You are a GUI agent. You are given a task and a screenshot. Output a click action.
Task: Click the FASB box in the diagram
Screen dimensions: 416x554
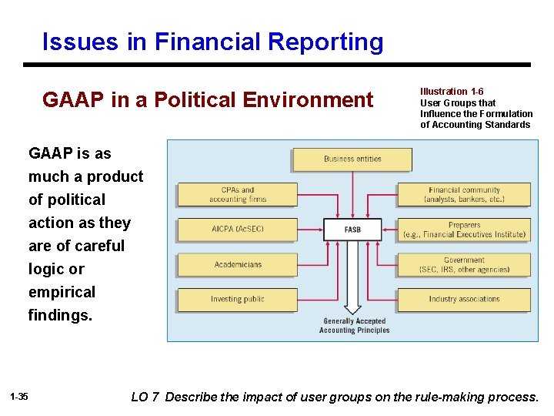pos(352,230)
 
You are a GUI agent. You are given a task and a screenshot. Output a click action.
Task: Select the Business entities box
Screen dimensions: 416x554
pos(352,159)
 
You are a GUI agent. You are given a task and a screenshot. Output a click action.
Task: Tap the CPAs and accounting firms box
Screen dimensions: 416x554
pos(237,194)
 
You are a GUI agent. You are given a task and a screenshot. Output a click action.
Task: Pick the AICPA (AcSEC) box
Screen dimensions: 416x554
pos(237,230)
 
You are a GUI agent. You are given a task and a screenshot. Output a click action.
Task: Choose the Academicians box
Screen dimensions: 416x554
pos(237,265)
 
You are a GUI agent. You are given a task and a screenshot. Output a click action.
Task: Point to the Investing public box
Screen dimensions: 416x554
pos(237,300)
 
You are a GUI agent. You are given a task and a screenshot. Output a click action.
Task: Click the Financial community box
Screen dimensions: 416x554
pos(464,194)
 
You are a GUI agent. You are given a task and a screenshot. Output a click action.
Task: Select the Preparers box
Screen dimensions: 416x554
pos(464,230)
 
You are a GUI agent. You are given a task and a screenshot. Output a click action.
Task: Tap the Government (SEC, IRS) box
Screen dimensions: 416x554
pos(464,265)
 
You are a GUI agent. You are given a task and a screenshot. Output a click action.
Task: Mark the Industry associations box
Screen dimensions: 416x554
pos(464,300)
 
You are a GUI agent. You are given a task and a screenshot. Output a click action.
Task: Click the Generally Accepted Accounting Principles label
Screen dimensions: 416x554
pos(354,326)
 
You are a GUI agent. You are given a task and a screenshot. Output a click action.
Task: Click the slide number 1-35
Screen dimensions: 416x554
pos(19,397)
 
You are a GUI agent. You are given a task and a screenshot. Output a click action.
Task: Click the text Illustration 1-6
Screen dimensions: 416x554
pos(452,92)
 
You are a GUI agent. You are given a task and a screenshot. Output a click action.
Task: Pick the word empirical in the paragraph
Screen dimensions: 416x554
pos(62,292)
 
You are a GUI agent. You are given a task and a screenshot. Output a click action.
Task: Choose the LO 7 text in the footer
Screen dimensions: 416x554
pos(145,398)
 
